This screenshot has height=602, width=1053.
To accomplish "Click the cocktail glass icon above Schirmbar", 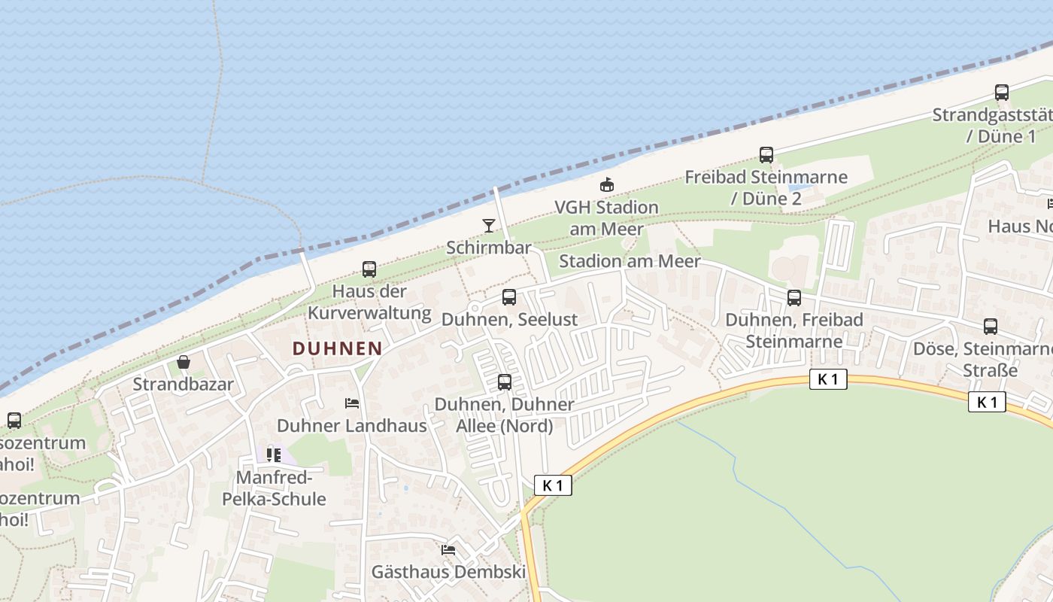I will (x=489, y=226).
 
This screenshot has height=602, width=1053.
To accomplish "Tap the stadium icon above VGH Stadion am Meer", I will (x=607, y=184).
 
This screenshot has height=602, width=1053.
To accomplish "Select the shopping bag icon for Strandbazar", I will (x=184, y=363).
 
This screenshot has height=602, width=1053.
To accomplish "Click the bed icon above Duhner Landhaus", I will (x=351, y=403).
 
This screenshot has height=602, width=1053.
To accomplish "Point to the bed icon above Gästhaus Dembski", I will (x=448, y=550).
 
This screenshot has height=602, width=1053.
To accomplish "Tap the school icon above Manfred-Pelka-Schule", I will (x=274, y=455).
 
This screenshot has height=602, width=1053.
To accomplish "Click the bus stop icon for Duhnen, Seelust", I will (x=509, y=297).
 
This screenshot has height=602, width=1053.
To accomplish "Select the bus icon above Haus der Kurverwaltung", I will (x=369, y=269).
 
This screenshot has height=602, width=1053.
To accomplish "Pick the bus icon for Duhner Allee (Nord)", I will (x=505, y=382).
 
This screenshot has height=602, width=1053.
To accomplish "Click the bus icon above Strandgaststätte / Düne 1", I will (x=1002, y=93).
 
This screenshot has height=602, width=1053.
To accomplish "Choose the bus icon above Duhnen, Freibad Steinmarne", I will (x=794, y=298).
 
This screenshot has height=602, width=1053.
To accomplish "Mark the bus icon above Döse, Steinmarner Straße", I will (x=991, y=327).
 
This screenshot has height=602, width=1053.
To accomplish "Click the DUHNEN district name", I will (x=337, y=348).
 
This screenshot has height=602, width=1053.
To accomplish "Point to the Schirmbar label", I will (x=489, y=248).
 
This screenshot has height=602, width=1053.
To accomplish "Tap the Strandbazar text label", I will (x=184, y=385).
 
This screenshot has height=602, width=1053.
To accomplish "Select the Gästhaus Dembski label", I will (x=448, y=572).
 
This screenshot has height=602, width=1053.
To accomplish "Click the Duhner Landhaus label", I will (x=352, y=425).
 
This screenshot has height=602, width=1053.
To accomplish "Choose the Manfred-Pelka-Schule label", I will (x=274, y=488).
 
